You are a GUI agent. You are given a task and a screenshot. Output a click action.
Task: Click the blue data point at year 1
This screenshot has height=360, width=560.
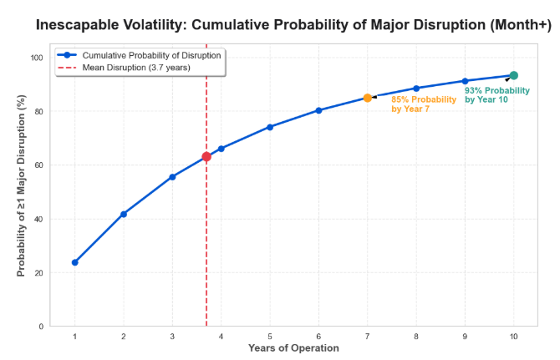point(74,262)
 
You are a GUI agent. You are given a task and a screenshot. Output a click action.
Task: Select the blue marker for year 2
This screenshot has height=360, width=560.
point(124,214)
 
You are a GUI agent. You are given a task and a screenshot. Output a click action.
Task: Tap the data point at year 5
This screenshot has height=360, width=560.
point(270,127)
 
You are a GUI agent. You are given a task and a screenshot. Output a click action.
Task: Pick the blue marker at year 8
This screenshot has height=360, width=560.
point(416,89)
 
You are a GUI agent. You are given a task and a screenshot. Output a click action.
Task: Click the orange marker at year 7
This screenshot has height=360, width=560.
point(368,98)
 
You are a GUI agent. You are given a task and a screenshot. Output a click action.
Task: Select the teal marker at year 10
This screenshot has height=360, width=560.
point(513,75)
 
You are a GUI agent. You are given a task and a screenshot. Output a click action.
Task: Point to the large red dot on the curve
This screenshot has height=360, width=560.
point(206,156)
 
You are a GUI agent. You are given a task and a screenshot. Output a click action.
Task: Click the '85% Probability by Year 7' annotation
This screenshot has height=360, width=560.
point(424,104)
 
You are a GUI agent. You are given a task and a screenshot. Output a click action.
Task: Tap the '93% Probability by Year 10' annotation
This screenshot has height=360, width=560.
point(497,95)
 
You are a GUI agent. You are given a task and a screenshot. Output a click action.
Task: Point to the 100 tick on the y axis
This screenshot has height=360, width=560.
point(37,58)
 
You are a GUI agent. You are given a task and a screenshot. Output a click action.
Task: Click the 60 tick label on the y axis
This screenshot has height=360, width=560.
point(39,165)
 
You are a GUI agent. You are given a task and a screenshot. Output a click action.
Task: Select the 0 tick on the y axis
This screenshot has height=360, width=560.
point(41,327)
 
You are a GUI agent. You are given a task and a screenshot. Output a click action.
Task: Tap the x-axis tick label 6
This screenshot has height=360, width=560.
point(318,337)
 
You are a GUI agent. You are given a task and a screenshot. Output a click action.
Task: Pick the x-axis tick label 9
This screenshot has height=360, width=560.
point(465,337)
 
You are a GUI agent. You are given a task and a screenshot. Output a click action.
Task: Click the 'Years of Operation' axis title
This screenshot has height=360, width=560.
point(293,347)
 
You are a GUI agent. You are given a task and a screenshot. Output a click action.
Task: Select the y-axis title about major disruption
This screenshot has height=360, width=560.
point(21,185)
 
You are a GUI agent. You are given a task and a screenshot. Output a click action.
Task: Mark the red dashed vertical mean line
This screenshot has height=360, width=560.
point(206,185)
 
